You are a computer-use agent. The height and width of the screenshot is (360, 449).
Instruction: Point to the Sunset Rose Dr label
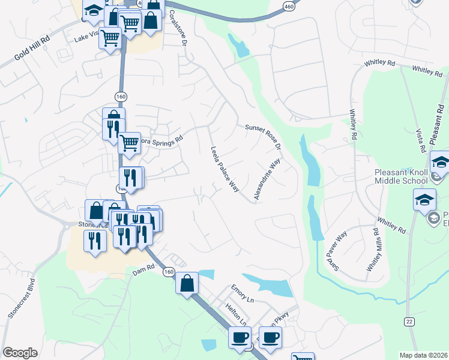pyautogui.click(x=264, y=136)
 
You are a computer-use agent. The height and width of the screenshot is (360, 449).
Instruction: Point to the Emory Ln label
pyautogui.click(x=243, y=290)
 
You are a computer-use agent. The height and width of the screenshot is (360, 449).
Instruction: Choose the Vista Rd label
pyautogui.click(x=421, y=140)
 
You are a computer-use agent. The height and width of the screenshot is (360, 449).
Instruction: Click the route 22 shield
pyautogui.click(x=409, y=321)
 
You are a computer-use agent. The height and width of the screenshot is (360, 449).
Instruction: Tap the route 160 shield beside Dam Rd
pyautogui.click(x=169, y=272)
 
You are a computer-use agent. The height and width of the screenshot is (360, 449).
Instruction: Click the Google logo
pyautogui.click(x=20, y=353)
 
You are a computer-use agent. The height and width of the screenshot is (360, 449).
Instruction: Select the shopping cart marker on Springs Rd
pyautogui.click(x=129, y=143)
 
